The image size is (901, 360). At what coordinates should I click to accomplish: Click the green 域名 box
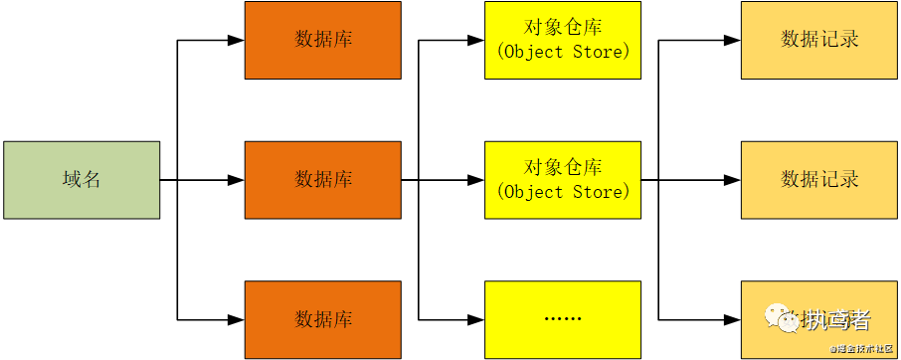81,180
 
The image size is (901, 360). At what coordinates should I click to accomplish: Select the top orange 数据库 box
323,40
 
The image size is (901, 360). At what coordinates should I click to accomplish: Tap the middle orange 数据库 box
323,180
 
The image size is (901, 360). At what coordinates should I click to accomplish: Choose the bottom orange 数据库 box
323,319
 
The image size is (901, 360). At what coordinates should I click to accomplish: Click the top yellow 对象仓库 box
563,40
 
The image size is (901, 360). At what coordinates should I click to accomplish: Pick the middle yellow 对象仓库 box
563,180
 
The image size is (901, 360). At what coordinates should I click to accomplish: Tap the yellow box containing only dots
563,319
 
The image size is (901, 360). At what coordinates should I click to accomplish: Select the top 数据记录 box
819,40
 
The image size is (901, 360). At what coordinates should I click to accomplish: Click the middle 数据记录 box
819,180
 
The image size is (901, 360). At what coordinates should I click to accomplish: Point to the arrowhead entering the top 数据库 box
236,41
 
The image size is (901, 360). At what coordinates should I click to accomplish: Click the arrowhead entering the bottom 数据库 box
236,319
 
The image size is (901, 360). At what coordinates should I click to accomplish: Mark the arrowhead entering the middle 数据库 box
236,180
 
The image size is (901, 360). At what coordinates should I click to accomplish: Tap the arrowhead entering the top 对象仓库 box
475,41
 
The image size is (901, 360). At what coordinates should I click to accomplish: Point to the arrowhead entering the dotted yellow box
475,319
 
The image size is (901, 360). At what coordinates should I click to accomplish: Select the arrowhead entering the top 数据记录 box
732,41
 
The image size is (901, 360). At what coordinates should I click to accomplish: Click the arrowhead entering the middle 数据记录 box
732,180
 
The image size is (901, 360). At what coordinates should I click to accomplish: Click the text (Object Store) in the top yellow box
563,52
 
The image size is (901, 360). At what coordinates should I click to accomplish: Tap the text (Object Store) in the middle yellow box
563,191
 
